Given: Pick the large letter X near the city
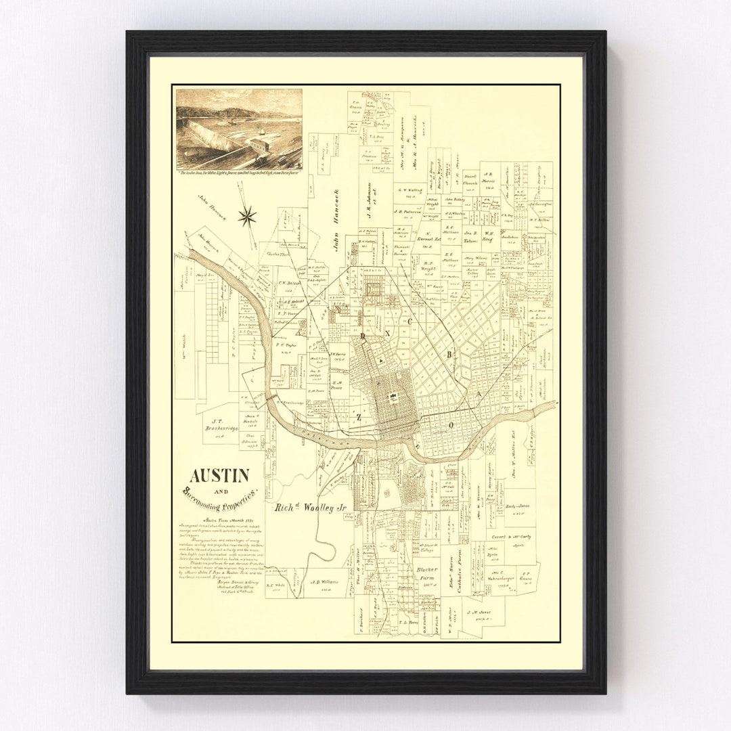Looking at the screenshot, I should tap(389, 335).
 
